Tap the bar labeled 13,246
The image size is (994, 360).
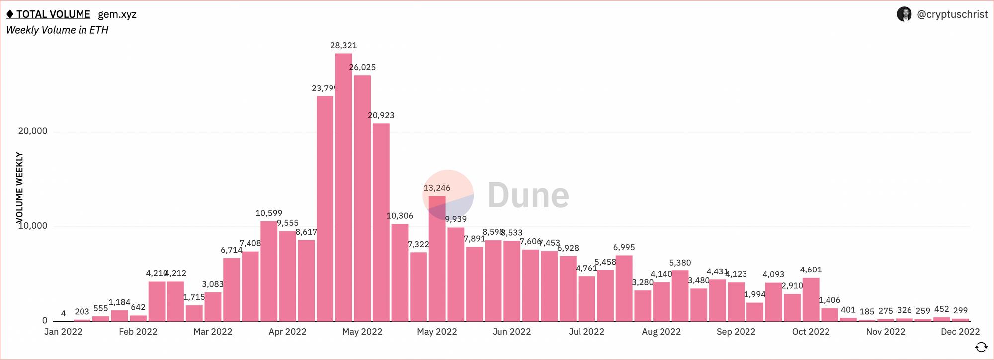[437, 259]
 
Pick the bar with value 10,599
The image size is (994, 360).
[269, 271]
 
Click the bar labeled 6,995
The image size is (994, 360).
[624, 288]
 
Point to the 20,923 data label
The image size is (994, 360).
[381, 115]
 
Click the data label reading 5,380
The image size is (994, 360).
[680, 263]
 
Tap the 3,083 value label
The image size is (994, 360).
[213, 284]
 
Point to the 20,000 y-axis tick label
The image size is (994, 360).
[33, 131]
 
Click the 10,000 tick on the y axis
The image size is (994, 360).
[33, 226]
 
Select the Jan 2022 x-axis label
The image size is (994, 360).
[63, 332]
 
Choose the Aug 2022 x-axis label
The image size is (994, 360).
[661, 332]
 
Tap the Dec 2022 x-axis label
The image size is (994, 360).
[960, 332]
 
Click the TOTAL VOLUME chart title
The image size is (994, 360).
[53, 14]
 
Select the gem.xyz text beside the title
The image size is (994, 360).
[117, 14]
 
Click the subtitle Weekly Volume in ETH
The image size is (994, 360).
[57, 30]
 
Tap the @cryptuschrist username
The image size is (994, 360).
[952, 14]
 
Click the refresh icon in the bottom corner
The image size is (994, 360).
[981, 347]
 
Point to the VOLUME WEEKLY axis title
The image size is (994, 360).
[19, 187]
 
